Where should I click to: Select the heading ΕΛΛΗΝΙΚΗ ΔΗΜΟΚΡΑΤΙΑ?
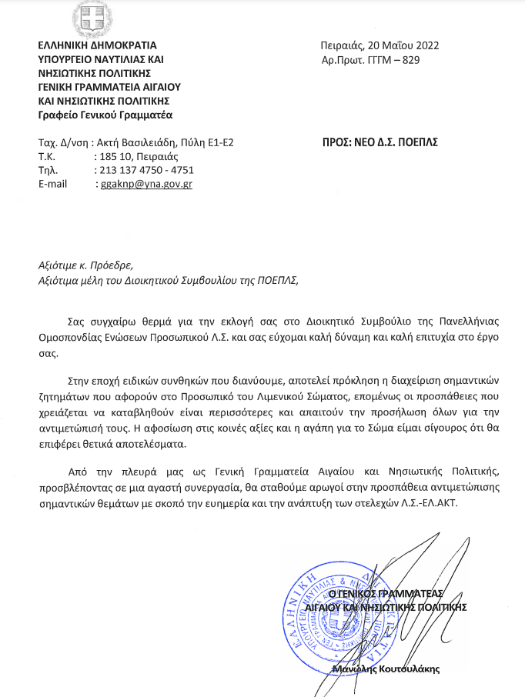pyautogui.click(x=97, y=45)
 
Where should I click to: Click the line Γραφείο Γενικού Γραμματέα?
pyautogui.click(x=105, y=115)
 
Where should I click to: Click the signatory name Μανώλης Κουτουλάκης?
pyautogui.click(x=386, y=669)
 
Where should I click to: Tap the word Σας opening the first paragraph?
pyautogui.click(x=78, y=319)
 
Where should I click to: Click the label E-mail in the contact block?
pyautogui.click(x=53, y=185)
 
